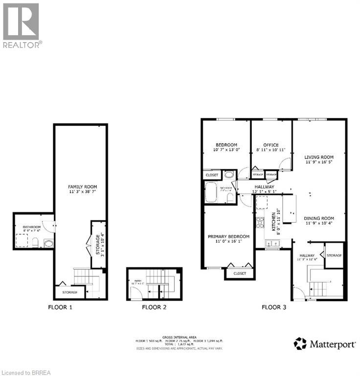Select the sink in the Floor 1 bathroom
[x=48, y=243]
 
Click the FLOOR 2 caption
[x=154, y=307]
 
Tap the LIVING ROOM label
[x=319, y=157]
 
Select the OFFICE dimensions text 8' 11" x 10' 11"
[x=270, y=150]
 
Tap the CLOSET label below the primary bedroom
[x=240, y=273]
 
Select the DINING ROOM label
[x=319, y=218]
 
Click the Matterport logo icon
[x=300, y=344]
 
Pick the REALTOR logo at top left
[x=21, y=24]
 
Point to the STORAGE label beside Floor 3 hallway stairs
[x=334, y=255]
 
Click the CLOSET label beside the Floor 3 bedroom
[x=212, y=175]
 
